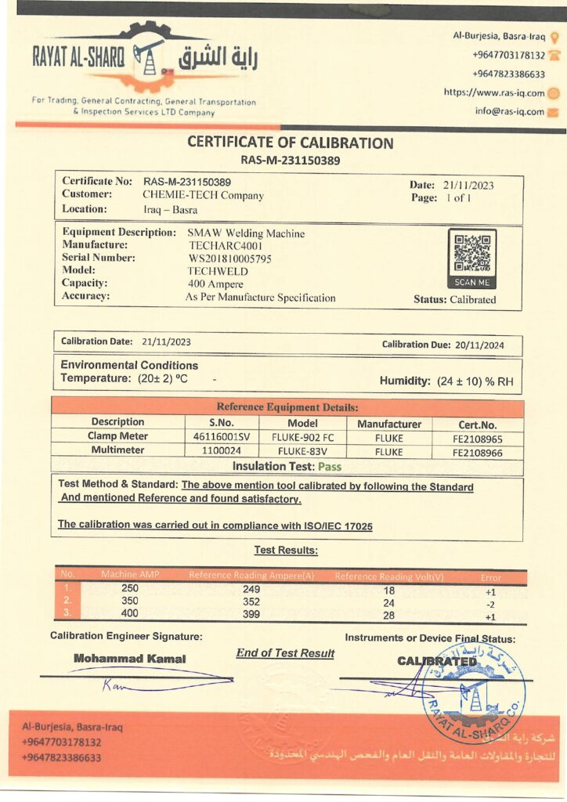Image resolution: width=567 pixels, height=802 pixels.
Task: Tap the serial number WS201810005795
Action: coord(230,258)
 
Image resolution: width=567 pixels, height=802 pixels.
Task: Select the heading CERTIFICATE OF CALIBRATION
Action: coord(290,143)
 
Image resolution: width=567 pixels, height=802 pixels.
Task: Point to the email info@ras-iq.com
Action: coord(509,111)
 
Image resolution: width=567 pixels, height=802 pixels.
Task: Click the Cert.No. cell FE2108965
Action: coord(477,437)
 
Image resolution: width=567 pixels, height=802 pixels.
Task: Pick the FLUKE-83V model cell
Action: coord(302,452)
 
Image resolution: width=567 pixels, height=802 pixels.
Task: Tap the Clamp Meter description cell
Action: coord(117,436)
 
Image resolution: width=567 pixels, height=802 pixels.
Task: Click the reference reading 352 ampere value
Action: coord(251,603)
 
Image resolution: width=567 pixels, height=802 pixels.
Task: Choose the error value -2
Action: coord(491,604)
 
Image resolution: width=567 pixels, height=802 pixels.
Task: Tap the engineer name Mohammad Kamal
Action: coord(129,659)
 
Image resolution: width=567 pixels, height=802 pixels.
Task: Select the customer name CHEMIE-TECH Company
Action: coord(203,196)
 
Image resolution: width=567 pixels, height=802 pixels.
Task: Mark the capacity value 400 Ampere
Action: coord(215,284)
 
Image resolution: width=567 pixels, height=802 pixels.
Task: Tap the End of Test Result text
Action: coord(285,653)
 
